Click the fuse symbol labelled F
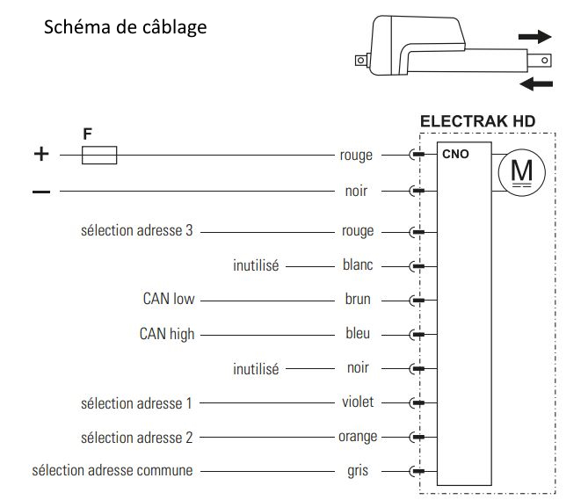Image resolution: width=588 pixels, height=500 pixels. [x=98, y=156]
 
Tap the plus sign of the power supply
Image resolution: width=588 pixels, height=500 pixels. [x=41, y=155]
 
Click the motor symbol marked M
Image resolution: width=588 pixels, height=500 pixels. [x=521, y=170]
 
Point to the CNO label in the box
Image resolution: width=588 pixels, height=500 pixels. [x=455, y=154]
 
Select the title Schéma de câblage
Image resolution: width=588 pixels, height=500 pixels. [x=125, y=27]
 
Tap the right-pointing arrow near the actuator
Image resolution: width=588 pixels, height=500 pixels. [x=534, y=37]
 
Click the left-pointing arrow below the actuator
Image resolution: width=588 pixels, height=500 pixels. [x=536, y=83]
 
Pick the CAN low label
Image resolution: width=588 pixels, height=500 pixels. [x=169, y=300]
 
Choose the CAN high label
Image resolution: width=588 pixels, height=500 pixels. [x=167, y=334]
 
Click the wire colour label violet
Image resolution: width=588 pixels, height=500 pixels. [x=357, y=402]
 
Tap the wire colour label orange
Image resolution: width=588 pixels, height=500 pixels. [x=357, y=437]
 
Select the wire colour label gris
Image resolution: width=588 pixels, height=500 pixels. [x=358, y=471]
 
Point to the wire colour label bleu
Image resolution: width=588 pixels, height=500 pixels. [x=358, y=334]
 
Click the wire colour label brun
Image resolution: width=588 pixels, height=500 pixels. [x=358, y=300]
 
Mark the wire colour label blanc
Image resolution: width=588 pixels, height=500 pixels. [x=357, y=265]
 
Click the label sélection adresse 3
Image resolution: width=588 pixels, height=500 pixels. [x=135, y=231]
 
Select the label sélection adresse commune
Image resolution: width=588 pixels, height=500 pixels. [x=112, y=471]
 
